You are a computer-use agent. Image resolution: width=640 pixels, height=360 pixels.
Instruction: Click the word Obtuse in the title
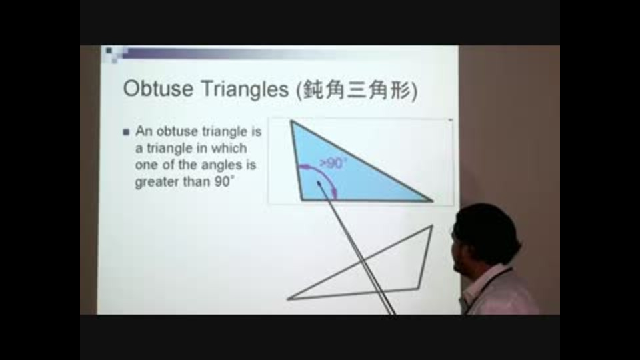tap(159, 88)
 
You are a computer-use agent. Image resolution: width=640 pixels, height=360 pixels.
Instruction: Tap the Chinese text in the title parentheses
tap(357, 90)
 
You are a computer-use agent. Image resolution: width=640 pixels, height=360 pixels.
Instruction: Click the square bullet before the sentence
tap(126, 132)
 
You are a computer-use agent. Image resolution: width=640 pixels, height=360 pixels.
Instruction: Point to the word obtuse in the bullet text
tap(177, 131)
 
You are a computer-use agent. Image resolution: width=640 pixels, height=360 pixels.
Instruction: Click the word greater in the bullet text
tap(157, 182)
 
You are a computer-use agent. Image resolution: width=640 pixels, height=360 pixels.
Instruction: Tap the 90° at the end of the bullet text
tap(224, 181)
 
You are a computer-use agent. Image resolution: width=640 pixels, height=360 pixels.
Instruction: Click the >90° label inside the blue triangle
tap(333, 163)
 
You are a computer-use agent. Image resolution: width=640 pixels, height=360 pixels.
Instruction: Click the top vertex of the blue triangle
tap(291, 121)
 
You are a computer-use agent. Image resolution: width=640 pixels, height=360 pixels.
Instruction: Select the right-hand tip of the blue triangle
tap(432, 201)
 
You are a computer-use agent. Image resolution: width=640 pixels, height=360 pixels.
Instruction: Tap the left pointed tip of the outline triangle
tap(287, 299)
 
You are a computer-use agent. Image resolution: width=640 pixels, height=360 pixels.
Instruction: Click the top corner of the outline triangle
tap(432, 225)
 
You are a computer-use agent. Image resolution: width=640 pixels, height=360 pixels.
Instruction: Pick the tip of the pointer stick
tap(319, 183)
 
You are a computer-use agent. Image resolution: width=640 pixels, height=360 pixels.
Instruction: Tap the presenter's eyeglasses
tap(453, 234)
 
